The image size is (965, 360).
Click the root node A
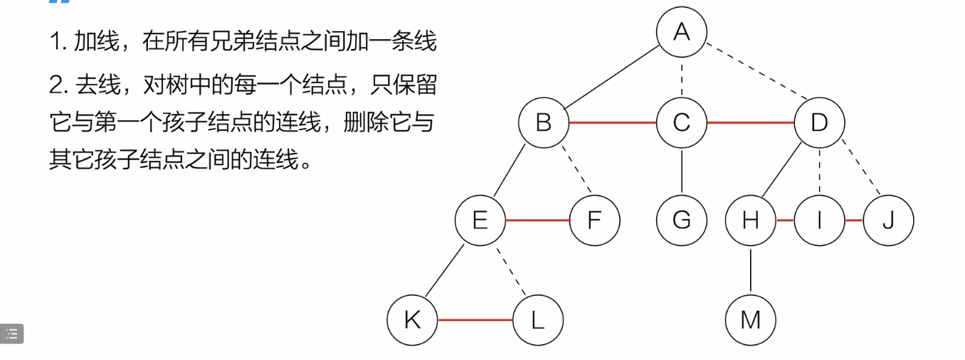tap(682, 32)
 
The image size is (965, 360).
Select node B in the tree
tap(544, 123)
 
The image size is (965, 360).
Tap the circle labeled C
tap(682, 123)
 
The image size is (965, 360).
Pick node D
tap(819, 123)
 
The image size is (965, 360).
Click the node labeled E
tap(480, 221)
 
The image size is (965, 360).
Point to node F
tap(595, 221)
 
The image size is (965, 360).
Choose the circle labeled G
tap(682, 221)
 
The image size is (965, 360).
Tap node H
tap(751, 221)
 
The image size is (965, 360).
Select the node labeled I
tap(819, 221)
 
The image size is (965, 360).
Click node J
tap(887, 221)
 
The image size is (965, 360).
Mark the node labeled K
tap(412, 320)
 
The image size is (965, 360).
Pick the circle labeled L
tap(537, 320)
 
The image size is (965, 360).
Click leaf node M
tap(751, 320)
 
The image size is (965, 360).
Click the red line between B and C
tap(613, 123)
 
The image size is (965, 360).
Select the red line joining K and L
tap(475, 320)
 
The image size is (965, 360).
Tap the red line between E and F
tap(538, 221)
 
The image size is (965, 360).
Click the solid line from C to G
tap(682, 171)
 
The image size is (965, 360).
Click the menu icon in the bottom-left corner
tap(12, 334)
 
